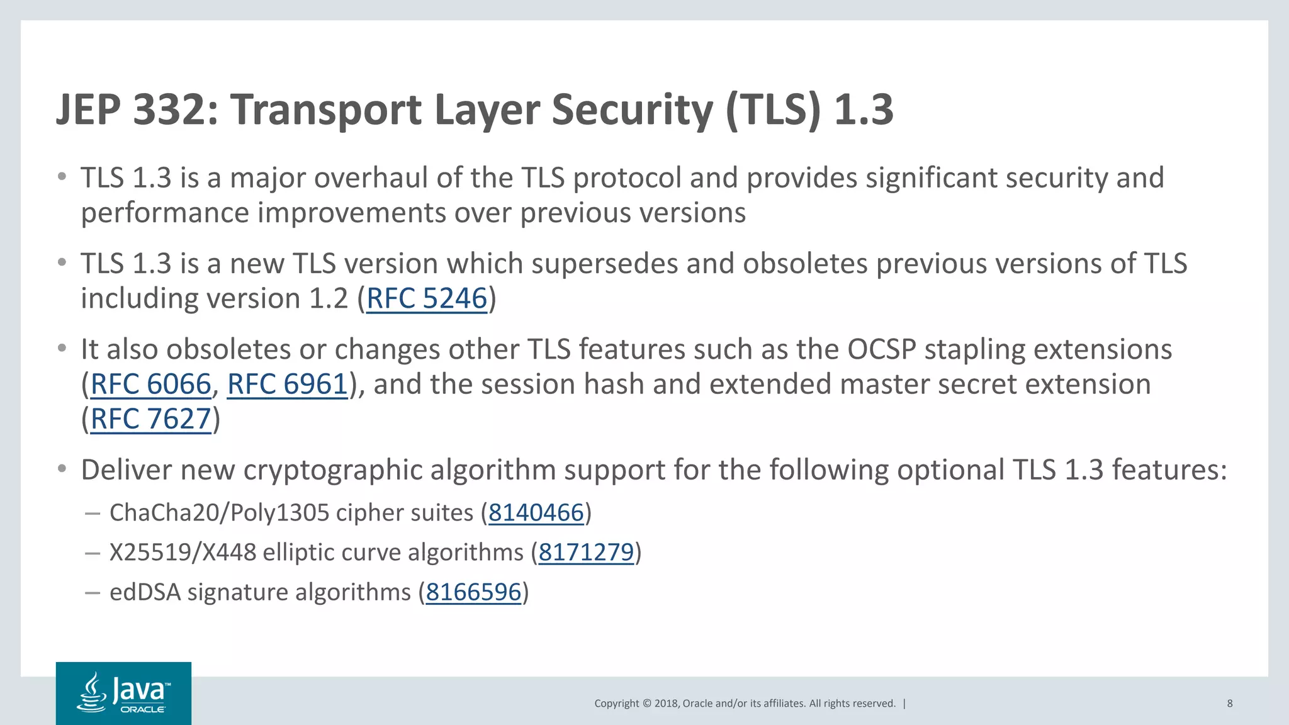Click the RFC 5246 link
427,298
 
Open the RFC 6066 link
150,384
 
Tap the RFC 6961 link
287,384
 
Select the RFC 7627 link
150,419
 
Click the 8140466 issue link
536,513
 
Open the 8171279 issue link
586,553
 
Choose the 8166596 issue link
473,592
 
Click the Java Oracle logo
123,693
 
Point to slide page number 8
1229,704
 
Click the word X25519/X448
183,553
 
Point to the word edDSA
145,592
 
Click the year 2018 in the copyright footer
666,704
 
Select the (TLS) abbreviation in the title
774,110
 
